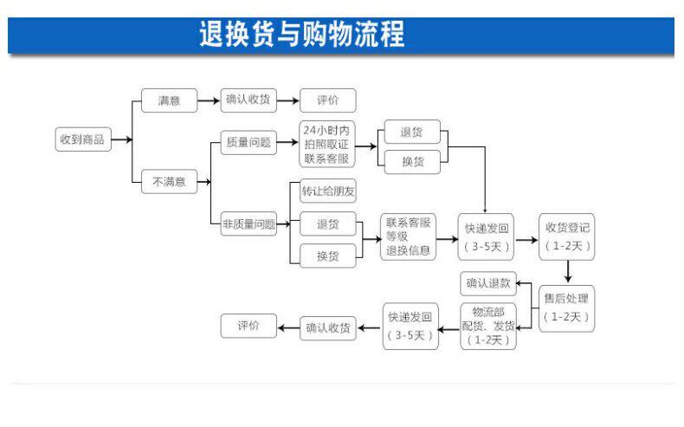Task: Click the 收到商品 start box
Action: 84,139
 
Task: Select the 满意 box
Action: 170,100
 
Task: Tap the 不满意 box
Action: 170,182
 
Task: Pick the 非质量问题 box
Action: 248,224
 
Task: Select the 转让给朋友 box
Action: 327,191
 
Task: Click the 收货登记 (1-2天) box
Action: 567,236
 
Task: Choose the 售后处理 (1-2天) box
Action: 567,307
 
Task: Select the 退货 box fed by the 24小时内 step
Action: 411,133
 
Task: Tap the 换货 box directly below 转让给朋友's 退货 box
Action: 327,256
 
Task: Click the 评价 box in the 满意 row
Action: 327,100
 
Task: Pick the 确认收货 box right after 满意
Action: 248,100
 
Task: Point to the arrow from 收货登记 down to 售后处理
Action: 567,271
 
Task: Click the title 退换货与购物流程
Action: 301,36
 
